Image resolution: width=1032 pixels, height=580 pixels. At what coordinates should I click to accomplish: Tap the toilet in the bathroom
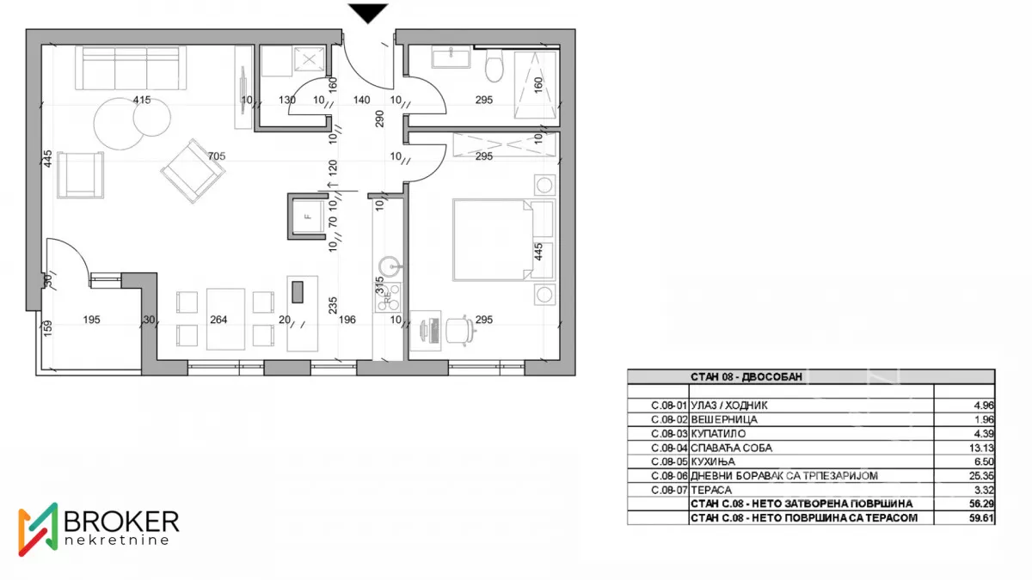coord(494,65)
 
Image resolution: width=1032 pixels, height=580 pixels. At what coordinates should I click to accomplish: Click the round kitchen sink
coord(390,266)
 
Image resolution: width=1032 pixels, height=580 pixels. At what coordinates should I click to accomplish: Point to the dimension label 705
coord(217,156)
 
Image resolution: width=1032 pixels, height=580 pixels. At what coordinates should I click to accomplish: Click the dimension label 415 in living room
coord(142,100)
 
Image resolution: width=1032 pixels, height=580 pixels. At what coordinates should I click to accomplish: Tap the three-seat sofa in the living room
coord(131,68)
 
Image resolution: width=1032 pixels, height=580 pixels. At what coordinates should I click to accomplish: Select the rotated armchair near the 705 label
coord(193,171)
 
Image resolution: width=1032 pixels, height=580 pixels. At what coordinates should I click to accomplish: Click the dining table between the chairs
coord(225,319)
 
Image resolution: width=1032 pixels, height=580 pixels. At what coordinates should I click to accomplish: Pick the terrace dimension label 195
coord(92,320)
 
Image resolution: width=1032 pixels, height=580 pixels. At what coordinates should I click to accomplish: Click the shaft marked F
coord(307,217)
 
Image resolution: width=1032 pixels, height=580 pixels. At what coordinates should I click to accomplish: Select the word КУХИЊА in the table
coord(713,461)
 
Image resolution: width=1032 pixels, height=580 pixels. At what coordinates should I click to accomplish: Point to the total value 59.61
coord(981,518)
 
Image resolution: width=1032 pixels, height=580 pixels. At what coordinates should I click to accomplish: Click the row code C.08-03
coord(669,434)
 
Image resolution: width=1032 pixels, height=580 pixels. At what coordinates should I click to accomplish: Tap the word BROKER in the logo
coord(121,522)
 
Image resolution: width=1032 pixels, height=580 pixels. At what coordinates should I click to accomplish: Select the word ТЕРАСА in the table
coord(711,490)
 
